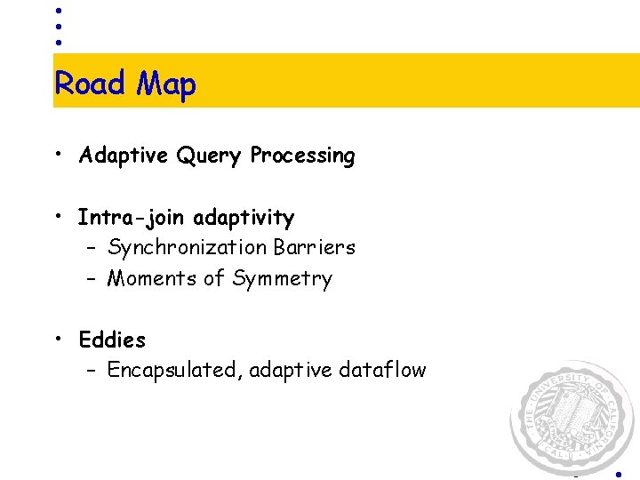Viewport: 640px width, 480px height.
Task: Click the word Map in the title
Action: tap(166, 85)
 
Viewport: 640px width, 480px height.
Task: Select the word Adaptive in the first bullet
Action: tap(123, 156)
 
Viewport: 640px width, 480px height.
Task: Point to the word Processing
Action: tap(302, 156)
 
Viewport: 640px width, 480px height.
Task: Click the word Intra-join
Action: tap(132, 218)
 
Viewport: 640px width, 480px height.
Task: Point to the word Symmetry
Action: tap(282, 279)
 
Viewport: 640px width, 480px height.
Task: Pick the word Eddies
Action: tap(112, 340)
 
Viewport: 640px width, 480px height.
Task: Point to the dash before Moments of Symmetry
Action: tap(92, 279)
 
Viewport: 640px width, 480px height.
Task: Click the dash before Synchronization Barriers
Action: tap(92, 248)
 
